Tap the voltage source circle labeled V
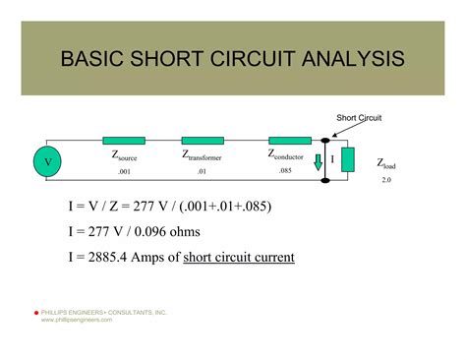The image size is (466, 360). click(46, 159)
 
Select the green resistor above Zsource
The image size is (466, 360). click(123, 141)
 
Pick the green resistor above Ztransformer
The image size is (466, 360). click(203, 141)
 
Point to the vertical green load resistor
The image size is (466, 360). click(347, 159)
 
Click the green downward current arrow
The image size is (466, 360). click(319, 163)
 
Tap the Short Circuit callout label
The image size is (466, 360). click(359, 119)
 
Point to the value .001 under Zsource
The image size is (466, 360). click(124, 171)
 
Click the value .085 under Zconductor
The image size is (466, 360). click(285, 171)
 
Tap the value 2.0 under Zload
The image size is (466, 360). click(387, 180)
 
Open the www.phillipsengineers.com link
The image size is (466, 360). click(77, 320)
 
